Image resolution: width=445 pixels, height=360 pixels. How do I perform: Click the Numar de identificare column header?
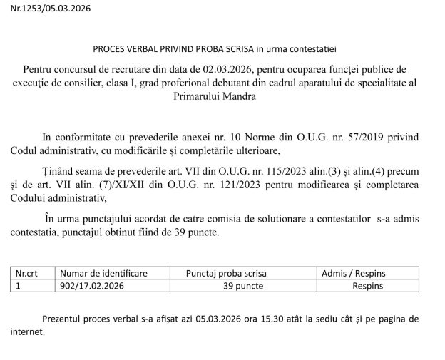coord(103,273)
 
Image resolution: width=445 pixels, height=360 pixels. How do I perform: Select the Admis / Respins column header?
coord(354,273)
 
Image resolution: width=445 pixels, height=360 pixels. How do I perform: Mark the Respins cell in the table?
coord(367,286)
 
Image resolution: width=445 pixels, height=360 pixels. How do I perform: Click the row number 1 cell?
coord(19,286)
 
